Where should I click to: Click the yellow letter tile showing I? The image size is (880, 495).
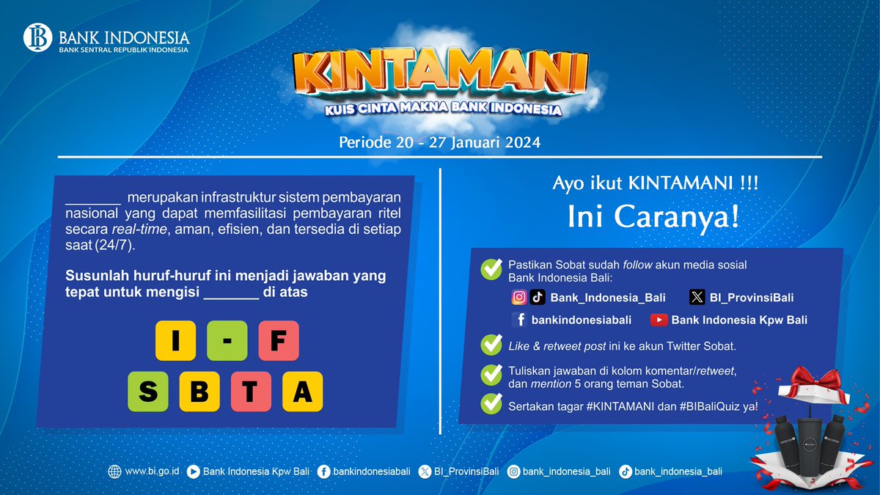pyautogui.click(x=175, y=341)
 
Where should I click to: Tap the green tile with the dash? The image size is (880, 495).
pyautogui.click(x=227, y=341)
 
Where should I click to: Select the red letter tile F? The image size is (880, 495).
pyautogui.click(x=278, y=341)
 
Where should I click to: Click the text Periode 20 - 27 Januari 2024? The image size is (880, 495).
pyautogui.click(x=439, y=142)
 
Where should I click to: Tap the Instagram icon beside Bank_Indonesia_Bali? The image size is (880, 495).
pyautogui.click(x=519, y=297)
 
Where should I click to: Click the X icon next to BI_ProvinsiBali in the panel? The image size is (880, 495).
pyautogui.click(x=697, y=297)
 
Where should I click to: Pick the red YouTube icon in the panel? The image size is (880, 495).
pyautogui.click(x=659, y=320)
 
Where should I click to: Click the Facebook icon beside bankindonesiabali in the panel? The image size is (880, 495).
pyautogui.click(x=519, y=320)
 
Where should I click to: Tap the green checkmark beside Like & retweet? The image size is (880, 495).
pyautogui.click(x=491, y=345)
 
